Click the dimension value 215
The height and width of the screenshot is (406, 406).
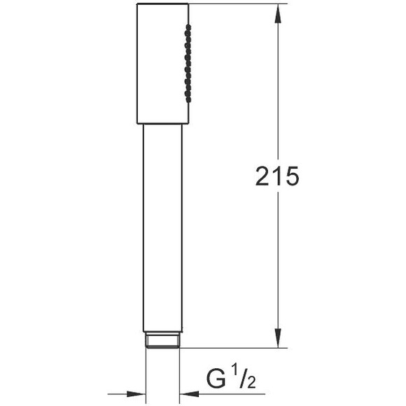pos(277,176)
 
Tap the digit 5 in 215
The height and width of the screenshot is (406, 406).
pos(292,176)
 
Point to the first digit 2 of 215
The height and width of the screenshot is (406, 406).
pos(262,176)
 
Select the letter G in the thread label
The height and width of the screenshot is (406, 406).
pos(216,379)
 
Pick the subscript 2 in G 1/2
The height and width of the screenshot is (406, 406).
pos(251,382)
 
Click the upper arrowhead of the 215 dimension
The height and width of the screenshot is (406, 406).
pos(278,13)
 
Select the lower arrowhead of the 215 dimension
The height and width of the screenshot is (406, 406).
pos(278,338)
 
